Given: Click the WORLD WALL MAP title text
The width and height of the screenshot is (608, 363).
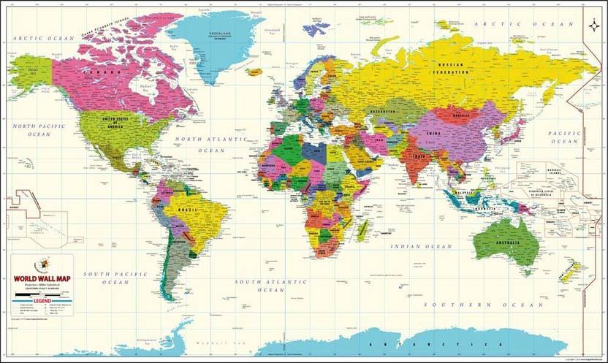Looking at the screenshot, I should [x=42, y=278].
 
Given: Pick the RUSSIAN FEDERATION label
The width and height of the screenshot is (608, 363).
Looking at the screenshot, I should [x=451, y=69].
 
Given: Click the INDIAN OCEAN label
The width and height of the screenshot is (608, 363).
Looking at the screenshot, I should [x=422, y=247].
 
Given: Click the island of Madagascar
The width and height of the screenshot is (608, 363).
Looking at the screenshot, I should [x=362, y=230].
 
